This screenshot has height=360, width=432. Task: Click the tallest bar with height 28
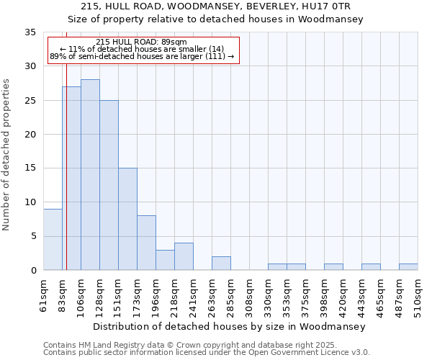(x=90, y=175)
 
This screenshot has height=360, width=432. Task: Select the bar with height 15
(x=127, y=219)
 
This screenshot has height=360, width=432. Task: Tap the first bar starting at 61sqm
(x=53, y=239)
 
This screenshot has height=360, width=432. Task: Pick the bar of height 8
(x=146, y=243)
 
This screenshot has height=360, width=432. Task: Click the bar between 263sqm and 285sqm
(x=221, y=264)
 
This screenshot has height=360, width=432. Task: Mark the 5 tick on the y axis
(x=33, y=236)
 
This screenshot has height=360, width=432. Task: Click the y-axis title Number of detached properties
(x=7, y=155)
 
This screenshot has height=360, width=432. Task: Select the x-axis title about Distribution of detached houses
(x=230, y=326)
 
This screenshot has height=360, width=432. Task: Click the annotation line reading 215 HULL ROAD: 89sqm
(x=141, y=42)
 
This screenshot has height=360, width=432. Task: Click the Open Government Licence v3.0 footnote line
(x=207, y=353)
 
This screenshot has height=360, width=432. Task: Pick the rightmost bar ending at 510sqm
(x=408, y=267)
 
